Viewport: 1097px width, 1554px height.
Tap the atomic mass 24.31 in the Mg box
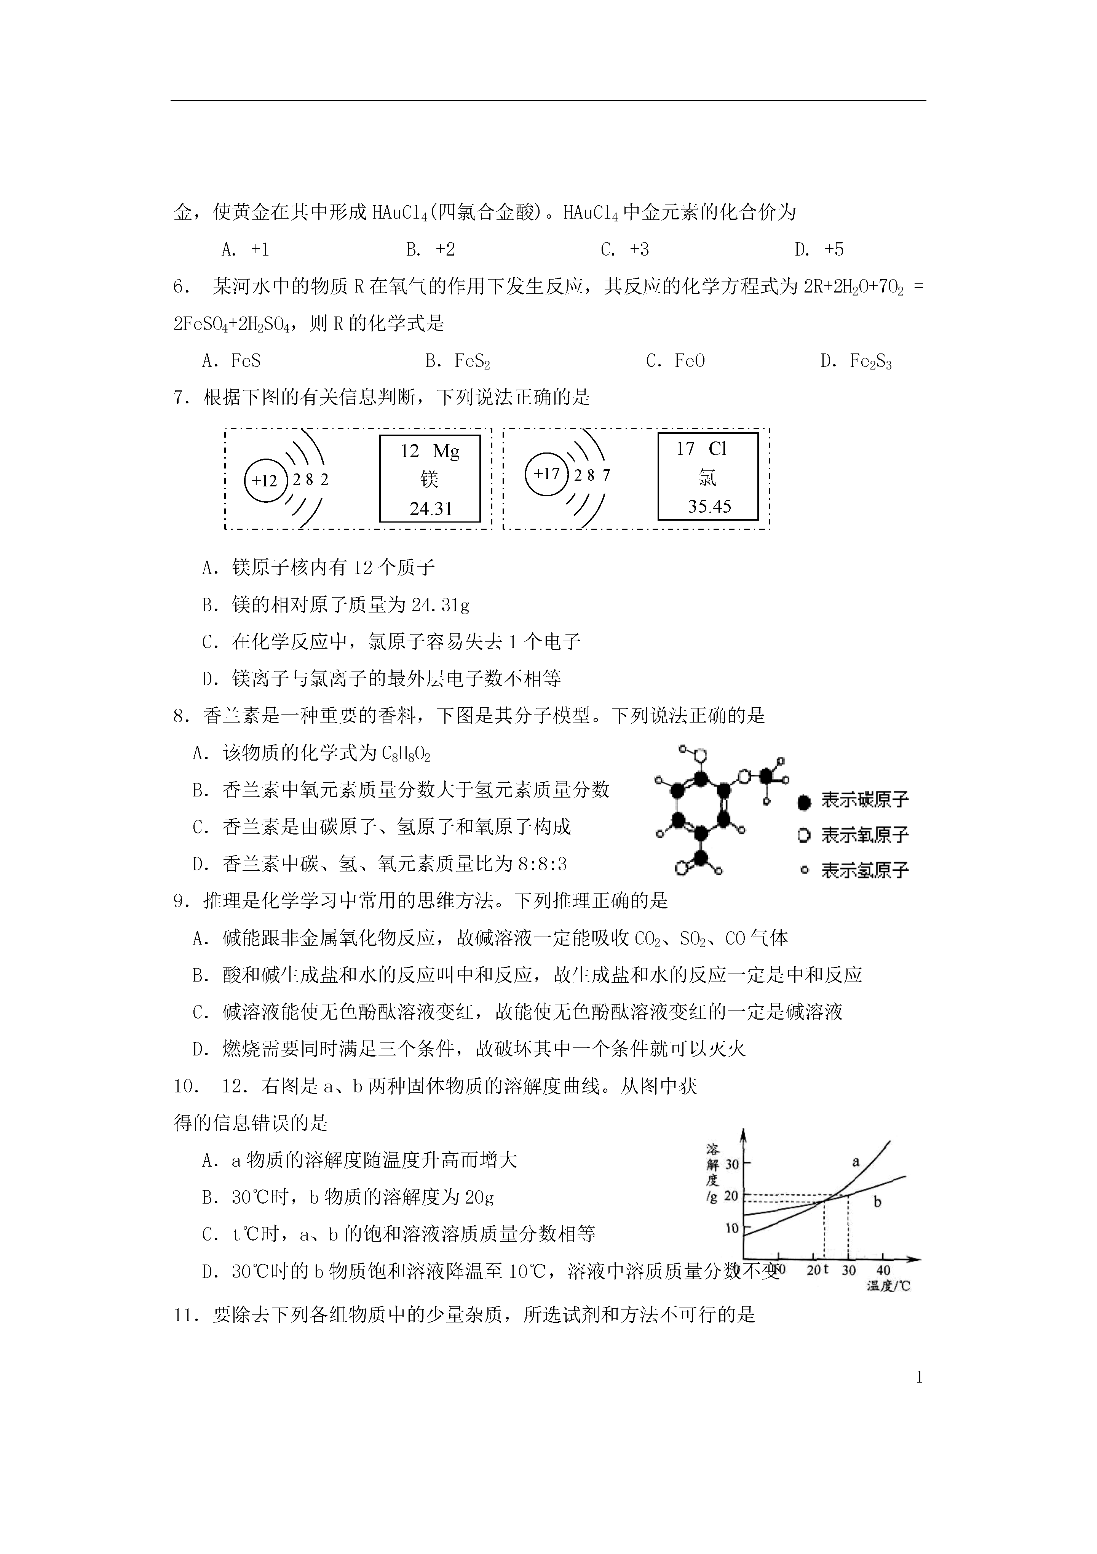click(x=430, y=508)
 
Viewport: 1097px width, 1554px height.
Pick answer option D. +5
click(x=819, y=250)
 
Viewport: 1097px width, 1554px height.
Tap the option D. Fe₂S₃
click(x=856, y=361)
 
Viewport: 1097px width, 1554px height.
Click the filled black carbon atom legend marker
click(x=804, y=803)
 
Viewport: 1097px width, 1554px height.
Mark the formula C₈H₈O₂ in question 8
click(x=406, y=753)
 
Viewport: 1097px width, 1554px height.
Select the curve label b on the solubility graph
click(x=878, y=1202)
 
